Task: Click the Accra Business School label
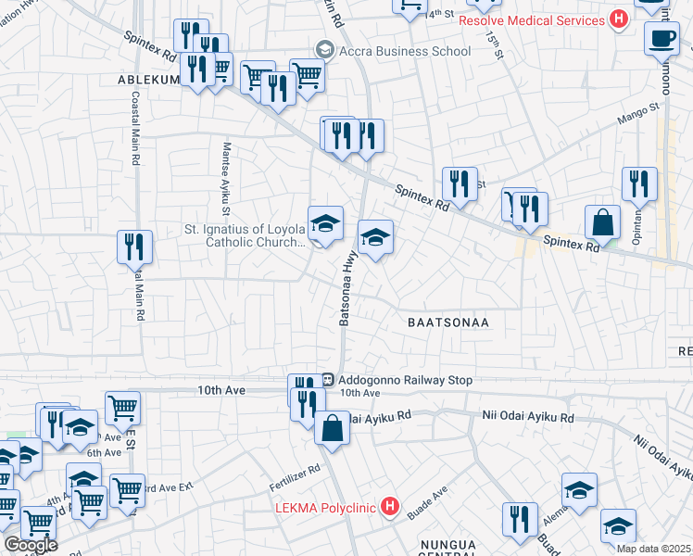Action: click(405, 51)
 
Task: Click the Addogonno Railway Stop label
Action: click(406, 380)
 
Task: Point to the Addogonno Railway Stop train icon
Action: click(328, 379)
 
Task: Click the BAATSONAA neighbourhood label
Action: click(447, 322)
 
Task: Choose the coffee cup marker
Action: click(661, 40)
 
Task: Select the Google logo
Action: click(31, 545)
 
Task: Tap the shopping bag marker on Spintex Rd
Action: click(602, 222)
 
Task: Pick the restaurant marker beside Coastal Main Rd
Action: click(135, 247)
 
